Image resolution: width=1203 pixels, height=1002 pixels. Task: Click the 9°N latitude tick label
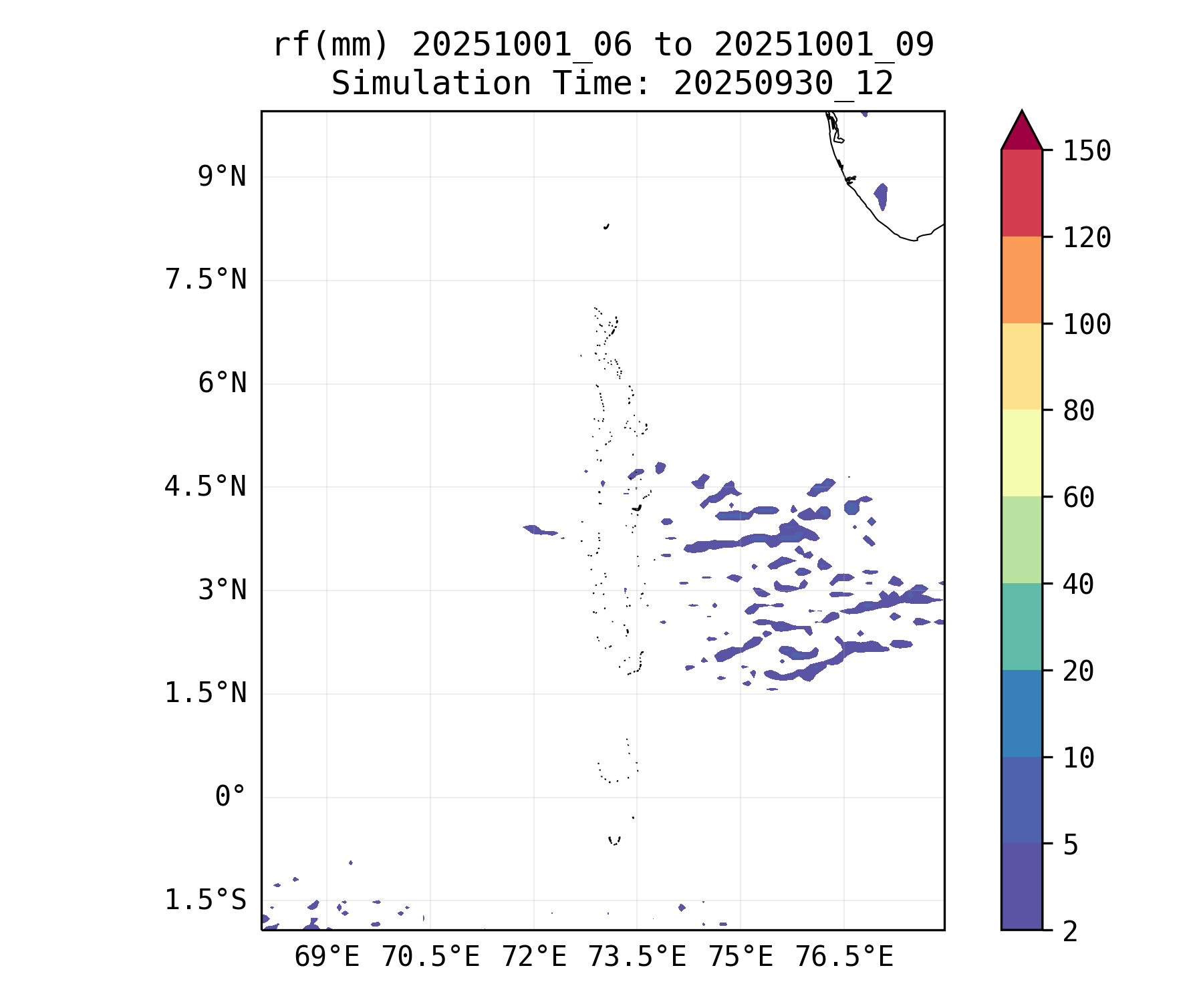point(222,177)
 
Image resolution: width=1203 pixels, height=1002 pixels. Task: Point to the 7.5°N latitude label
point(206,280)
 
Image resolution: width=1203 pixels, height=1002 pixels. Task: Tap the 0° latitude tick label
point(230,796)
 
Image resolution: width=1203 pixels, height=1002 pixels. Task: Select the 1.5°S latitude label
point(206,900)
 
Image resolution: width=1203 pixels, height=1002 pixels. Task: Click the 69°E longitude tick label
point(327,957)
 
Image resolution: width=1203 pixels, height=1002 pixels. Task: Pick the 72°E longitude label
point(534,957)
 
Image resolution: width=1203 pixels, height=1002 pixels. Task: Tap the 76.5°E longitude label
point(844,957)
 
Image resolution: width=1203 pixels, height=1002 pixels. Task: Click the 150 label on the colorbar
point(1087,151)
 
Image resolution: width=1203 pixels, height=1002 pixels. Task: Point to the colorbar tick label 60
point(1079,497)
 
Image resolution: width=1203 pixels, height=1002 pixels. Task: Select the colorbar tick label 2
point(1071,931)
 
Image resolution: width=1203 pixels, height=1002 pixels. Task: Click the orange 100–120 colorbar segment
point(1021,280)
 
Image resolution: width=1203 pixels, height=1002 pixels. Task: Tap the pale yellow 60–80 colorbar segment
point(1021,453)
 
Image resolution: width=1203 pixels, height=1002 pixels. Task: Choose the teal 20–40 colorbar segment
point(1021,626)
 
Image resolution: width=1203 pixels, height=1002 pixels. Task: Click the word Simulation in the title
point(431,83)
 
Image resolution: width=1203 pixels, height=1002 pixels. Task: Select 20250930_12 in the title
point(783,83)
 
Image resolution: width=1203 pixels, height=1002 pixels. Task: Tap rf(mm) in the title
point(331,45)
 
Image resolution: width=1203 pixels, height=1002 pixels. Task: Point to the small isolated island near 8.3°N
point(606,226)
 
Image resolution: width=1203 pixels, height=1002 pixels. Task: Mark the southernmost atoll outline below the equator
point(614,840)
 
